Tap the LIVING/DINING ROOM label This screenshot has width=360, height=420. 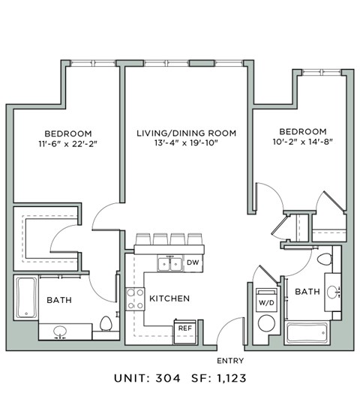pyautogui.click(x=186, y=133)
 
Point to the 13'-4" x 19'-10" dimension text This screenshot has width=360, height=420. pyautogui.click(x=186, y=143)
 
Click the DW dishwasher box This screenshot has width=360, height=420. pyautogui.click(x=193, y=262)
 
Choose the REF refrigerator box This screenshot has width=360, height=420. pyautogui.click(x=184, y=328)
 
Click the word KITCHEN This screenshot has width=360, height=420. pyautogui.click(x=169, y=298)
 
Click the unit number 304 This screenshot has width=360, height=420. pyautogui.click(x=168, y=379)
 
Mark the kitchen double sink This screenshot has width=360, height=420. pyautogui.click(x=169, y=263)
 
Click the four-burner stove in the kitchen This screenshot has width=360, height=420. pyautogui.click(x=135, y=298)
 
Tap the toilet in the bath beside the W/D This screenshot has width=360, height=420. pyautogui.click(x=325, y=260)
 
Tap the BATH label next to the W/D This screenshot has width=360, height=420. pyautogui.click(x=307, y=291)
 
